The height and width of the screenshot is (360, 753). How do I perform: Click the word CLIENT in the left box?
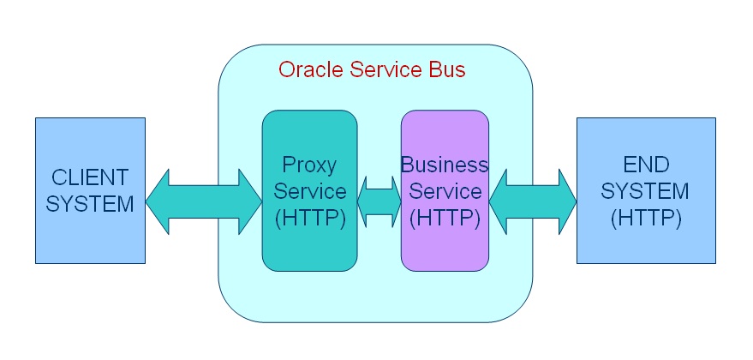click(90, 177)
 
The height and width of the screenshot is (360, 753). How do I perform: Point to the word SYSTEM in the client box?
click(90, 204)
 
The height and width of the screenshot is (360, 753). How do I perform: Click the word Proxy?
click(309, 164)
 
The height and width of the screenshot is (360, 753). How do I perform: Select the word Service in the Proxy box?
click(309, 191)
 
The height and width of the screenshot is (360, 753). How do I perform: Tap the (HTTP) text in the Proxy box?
click(309, 218)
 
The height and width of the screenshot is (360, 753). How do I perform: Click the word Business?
click(445, 164)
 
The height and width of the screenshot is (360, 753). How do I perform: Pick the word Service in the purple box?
click(445, 191)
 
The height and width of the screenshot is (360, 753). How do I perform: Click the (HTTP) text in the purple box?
click(445, 218)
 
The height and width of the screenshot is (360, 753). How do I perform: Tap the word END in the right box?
click(646, 164)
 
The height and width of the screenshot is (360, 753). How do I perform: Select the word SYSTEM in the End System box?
click(646, 190)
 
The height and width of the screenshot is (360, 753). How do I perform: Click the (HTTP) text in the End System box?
click(646, 218)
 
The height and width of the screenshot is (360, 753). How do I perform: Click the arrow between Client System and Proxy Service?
click(204, 202)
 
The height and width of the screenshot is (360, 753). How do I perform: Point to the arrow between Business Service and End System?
click(533, 201)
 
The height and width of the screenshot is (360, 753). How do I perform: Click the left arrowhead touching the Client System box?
click(159, 202)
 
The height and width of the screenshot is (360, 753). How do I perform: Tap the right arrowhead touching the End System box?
click(565, 201)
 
